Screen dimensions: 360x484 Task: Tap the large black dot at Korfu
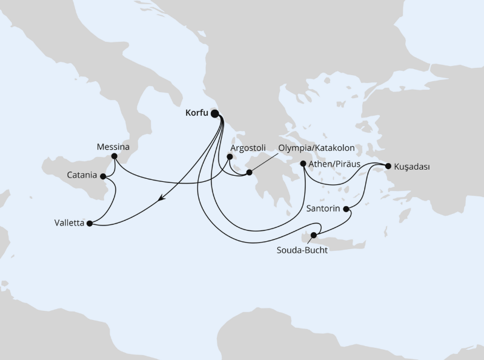tap(214, 113)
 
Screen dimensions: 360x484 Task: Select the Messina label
tap(113, 147)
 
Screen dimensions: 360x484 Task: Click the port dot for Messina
tap(115, 157)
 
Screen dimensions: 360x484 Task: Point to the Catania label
tap(82, 176)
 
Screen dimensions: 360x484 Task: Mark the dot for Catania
tap(102, 176)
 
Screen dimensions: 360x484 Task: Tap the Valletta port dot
tap(90, 224)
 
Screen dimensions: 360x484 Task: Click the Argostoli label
tap(248, 147)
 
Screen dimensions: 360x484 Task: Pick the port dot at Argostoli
tap(230, 157)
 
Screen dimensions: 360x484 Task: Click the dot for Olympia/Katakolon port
tap(249, 174)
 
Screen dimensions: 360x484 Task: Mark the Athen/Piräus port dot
tap(303, 163)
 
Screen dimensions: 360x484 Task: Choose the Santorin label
tap(320, 209)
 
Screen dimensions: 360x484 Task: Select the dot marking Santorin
tap(346, 209)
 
